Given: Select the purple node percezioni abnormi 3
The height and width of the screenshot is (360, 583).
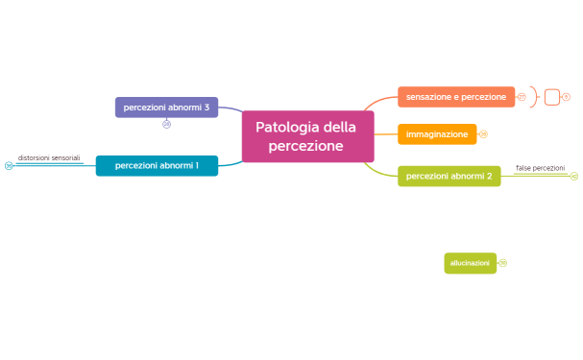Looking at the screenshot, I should tap(166, 107).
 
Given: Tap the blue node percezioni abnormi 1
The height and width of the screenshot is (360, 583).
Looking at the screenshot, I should tap(157, 165).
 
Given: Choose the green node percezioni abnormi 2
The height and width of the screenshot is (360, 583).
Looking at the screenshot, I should tap(449, 176).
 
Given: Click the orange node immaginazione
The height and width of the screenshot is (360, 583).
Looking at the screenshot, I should tap(436, 134).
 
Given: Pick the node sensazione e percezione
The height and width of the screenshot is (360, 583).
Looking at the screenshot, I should tap(455, 97).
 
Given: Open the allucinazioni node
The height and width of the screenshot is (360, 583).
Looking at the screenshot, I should tap(470, 262).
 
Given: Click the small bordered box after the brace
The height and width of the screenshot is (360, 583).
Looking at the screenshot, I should tap(551, 97).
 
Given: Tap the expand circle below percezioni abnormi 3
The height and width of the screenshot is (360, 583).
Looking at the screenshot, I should tap(166, 124).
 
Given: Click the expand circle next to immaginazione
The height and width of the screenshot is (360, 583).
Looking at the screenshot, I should tap(483, 134).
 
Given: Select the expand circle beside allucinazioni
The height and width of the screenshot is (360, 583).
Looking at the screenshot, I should tap(502, 262).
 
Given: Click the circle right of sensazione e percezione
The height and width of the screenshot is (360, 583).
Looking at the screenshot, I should tap(522, 97).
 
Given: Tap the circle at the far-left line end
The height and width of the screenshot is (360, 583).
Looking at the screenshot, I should tap(9, 165).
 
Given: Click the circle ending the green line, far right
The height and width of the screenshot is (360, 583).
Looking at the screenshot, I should tap(573, 176).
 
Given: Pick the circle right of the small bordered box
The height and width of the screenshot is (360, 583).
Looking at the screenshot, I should tap(566, 97).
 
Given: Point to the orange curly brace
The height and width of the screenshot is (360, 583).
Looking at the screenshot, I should tap(534, 97).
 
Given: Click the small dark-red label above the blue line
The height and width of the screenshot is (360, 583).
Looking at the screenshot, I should tap(49, 157).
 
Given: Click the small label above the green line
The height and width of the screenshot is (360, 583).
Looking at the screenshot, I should tap(540, 168).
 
